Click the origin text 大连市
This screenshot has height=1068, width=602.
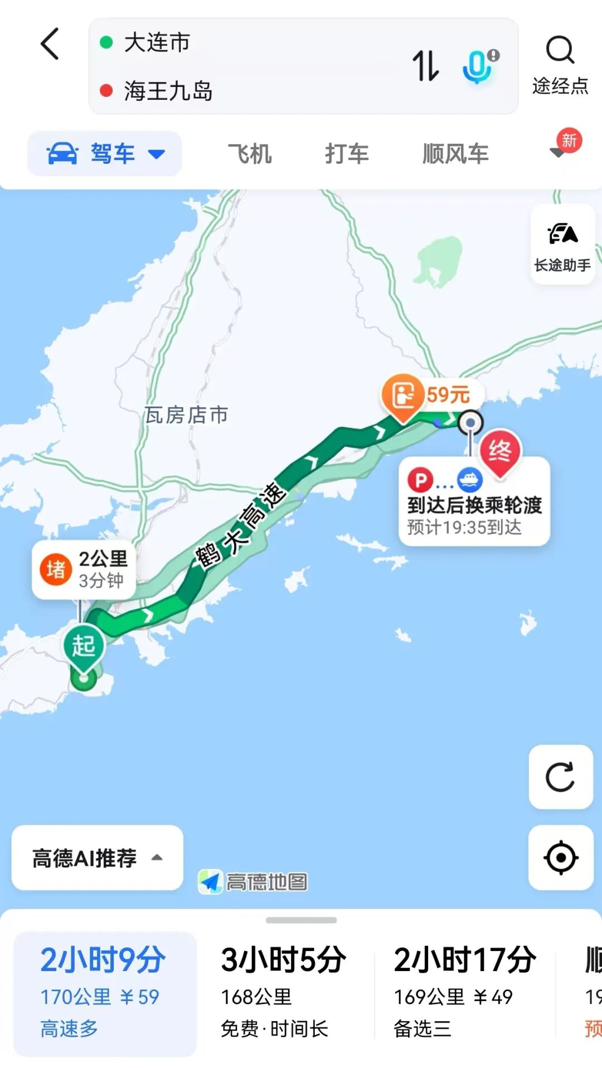(x=157, y=42)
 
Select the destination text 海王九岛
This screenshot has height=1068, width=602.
(x=168, y=91)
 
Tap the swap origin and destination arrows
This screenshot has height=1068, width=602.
(x=425, y=65)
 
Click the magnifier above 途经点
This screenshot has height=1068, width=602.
(x=560, y=51)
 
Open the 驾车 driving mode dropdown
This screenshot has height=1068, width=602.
(x=105, y=154)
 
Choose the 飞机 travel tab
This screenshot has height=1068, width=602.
(x=250, y=154)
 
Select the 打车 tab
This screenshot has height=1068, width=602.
(x=347, y=154)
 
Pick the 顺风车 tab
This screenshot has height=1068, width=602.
(x=455, y=154)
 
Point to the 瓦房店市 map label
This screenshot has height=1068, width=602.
(x=186, y=414)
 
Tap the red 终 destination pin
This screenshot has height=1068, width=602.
(x=499, y=451)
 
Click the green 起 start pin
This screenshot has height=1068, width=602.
(x=84, y=646)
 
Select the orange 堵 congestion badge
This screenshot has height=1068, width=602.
(x=56, y=570)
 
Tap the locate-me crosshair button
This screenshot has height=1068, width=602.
(x=561, y=857)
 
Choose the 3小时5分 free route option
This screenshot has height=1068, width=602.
(x=283, y=992)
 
